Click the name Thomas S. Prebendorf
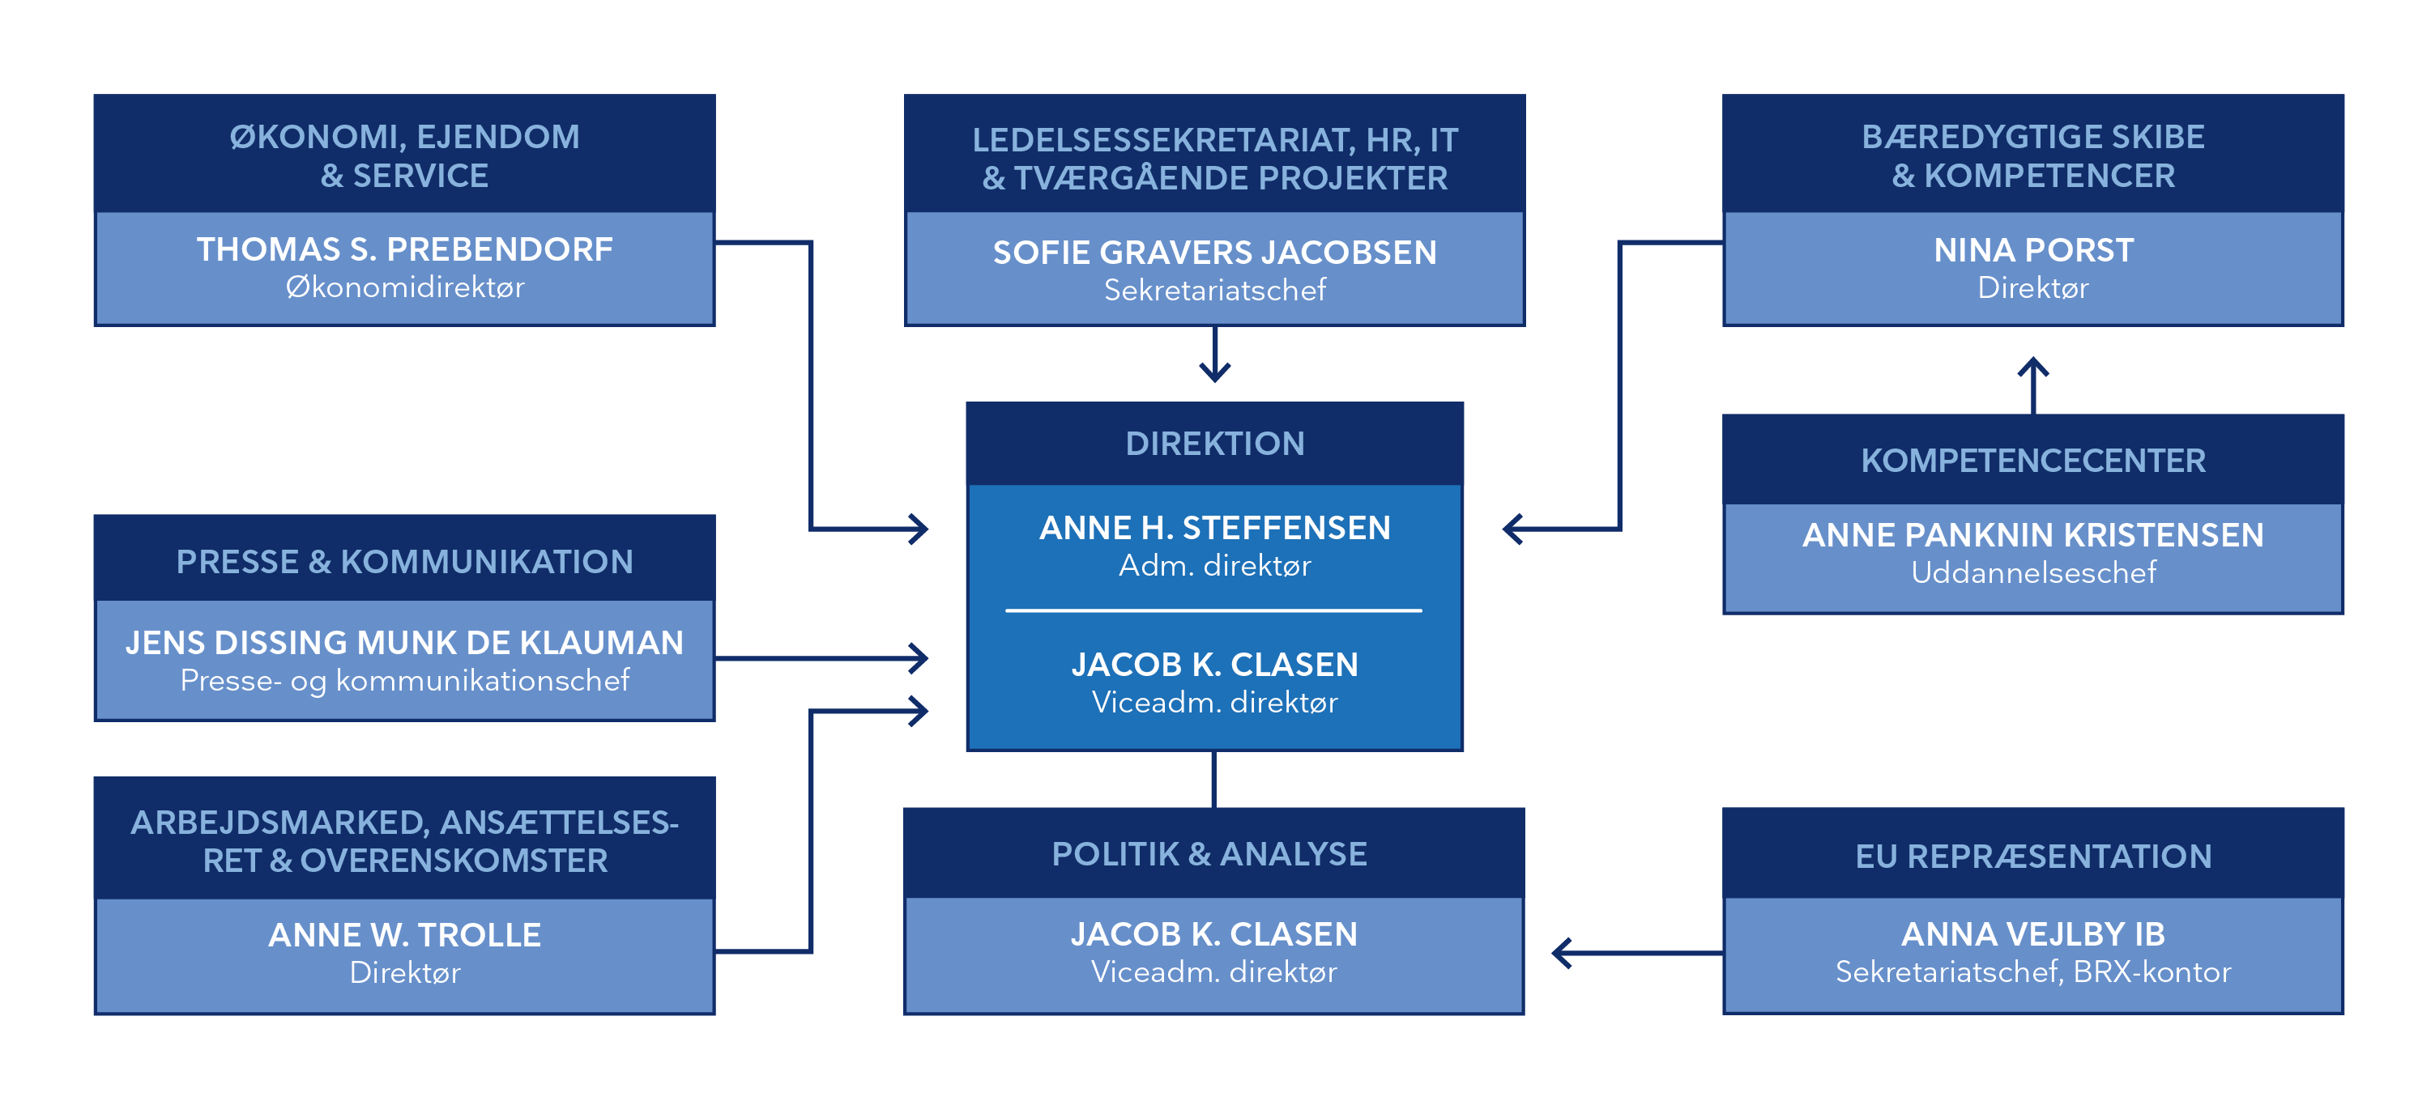(x=404, y=249)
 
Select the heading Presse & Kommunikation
(x=404, y=562)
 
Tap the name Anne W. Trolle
(x=404, y=934)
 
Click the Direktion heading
(x=1214, y=443)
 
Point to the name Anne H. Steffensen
(x=1214, y=527)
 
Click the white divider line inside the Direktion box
(x=1213, y=610)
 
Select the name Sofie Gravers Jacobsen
(x=1214, y=253)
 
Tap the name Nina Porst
(x=2033, y=249)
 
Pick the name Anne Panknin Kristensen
(x=2033, y=535)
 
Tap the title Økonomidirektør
(x=404, y=287)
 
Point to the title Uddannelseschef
(x=2033, y=572)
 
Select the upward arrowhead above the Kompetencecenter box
(x=2033, y=367)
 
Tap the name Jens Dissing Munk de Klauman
(x=404, y=643)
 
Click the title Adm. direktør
(x=1214, y=566)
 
